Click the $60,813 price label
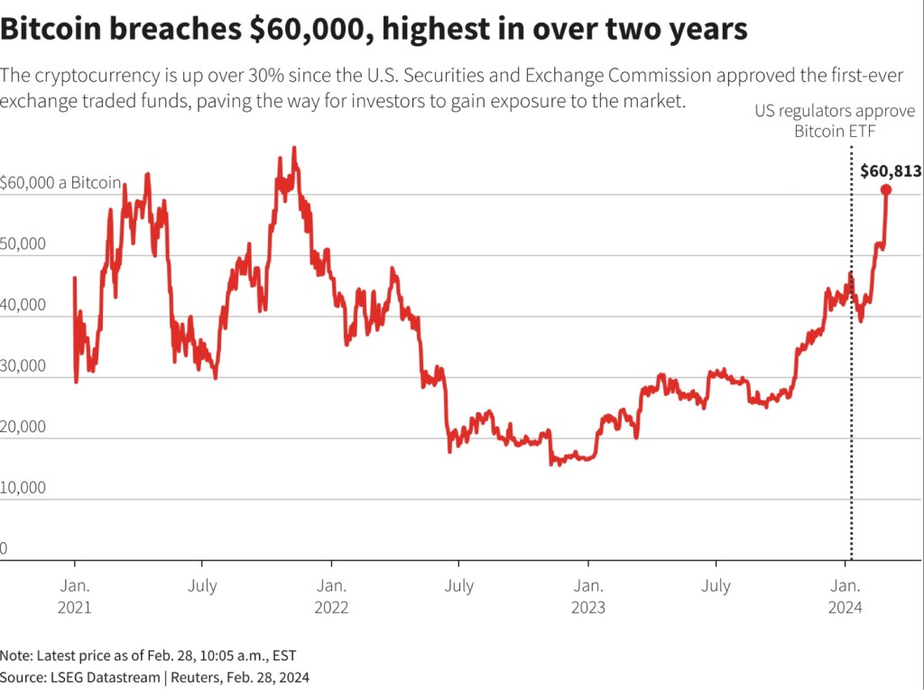pos(890,170)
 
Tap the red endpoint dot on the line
pos(886,189)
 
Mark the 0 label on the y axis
pos(5,548)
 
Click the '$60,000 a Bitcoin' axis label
pos(60,183)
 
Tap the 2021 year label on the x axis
pos(74,608)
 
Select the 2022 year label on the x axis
pos(331,608)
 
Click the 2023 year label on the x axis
pos(588,608)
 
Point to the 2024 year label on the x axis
pos(845,608)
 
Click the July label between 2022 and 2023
pos(459,586)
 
